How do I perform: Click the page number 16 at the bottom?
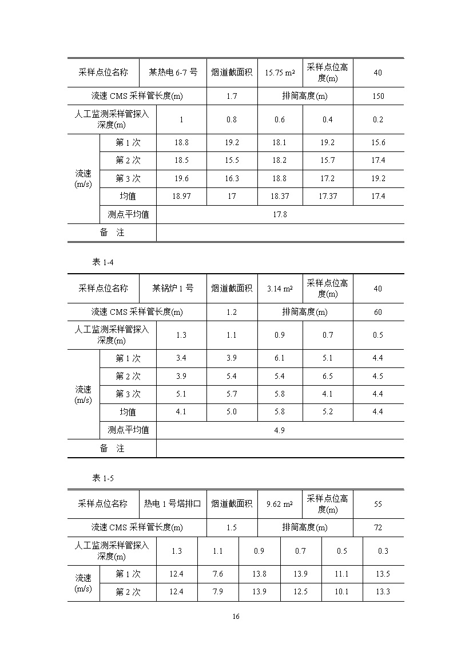[x=236, y=617]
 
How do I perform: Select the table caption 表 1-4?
[x=104, y=262]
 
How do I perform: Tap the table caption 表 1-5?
[x=104, y=478]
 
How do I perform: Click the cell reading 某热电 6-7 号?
[x=173, y=73]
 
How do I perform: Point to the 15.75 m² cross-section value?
[x=280, y=73]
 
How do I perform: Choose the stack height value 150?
[x=378, y=96]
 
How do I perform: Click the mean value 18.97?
[x=181, y=197]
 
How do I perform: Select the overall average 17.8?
[x=280, y=215]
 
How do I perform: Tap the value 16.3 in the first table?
[x=231, y=179]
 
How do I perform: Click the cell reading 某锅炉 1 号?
[x=173, y=289]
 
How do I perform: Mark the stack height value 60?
[x=378, y=312]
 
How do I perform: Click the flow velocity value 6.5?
[x=327, y=377]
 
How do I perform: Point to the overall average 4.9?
[x=280, y=430]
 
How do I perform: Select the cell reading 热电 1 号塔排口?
[x=173, y=504]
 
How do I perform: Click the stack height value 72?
[x=378, y=527]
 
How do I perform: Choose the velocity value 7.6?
[x=218, y=574]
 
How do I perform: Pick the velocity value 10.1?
[x=341, y=592]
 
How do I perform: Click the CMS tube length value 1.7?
[x=231, y=96]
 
